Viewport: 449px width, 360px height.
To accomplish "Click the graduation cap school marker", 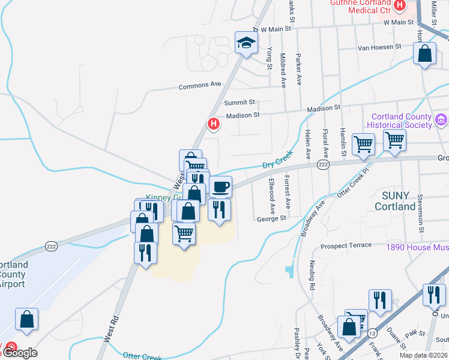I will coord(246,43).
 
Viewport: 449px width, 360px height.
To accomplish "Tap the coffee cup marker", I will coord(220,187).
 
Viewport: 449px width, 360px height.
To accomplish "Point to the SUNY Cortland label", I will coord(395,202).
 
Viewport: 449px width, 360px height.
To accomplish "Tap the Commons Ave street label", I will coord(200,86).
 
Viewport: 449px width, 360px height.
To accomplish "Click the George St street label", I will coord(271,219).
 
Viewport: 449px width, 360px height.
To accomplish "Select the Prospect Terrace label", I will coord(346,246).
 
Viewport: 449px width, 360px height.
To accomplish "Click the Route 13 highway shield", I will coord(373,333).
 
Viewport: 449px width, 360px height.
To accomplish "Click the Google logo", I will coord(20,353).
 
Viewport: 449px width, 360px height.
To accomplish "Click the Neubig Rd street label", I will coord(312,277).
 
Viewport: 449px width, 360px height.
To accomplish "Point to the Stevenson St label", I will coord(422,212).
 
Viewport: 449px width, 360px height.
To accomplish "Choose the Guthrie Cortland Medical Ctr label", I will coord(361,6).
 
